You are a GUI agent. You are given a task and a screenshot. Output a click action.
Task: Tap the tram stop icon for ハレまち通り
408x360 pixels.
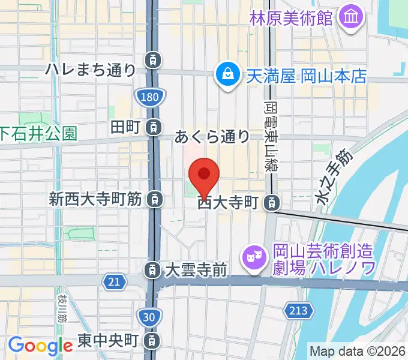pyautogui.click(x=154, y=59)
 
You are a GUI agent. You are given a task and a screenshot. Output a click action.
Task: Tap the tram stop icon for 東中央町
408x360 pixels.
pyautogui.click(x=154, y=341)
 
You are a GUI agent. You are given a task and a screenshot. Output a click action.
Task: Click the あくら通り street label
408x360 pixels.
pyautogui.click(x=212, y=137)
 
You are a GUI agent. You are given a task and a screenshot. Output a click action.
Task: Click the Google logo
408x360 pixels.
pyautogui.click(x=40, y=345)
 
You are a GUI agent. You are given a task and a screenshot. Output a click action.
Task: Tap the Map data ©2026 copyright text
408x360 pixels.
pyautogui.click(x=358, y=352)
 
